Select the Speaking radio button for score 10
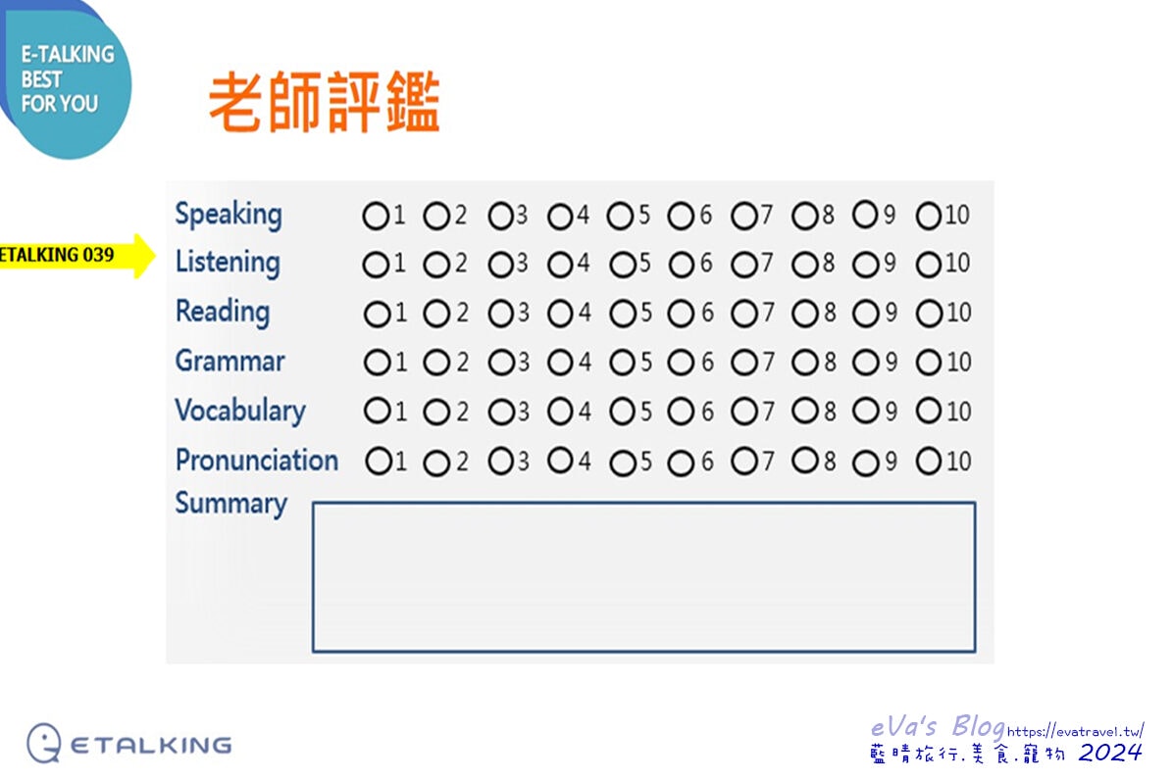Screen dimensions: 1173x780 (x=929, y=216)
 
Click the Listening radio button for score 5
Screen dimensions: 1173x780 (x=622, y=265)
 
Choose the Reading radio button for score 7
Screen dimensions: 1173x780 (x=744, y=314)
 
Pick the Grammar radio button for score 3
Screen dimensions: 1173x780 (x=500, y=364)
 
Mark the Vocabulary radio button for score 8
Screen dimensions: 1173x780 (x=805, y=411)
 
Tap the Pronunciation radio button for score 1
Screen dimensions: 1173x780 (x=378, y=461)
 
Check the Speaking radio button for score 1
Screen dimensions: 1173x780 (x=375, y=216)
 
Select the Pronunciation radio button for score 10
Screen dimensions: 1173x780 (x=929, y=461)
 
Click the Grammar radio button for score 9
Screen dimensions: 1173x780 (x=866, y=364)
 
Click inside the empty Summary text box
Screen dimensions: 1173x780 (x=644, y=577)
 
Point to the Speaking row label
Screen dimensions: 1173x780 (x=229, y=215)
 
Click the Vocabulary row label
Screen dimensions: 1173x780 (x=240, y=411)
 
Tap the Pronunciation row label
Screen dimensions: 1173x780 (x=257, y=461)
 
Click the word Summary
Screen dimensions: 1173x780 (x=231, y=504)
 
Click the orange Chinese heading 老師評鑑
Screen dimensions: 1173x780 (x=324, y=102)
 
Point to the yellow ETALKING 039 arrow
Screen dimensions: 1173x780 (x=76, y=256)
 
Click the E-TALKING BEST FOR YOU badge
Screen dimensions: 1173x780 (x=66, y=79)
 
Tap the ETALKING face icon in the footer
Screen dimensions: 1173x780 (x=44, y=743)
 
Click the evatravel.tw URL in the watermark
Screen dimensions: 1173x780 (x=1075, y=731)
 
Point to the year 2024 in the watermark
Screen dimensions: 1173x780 (x=1110, y=753)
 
